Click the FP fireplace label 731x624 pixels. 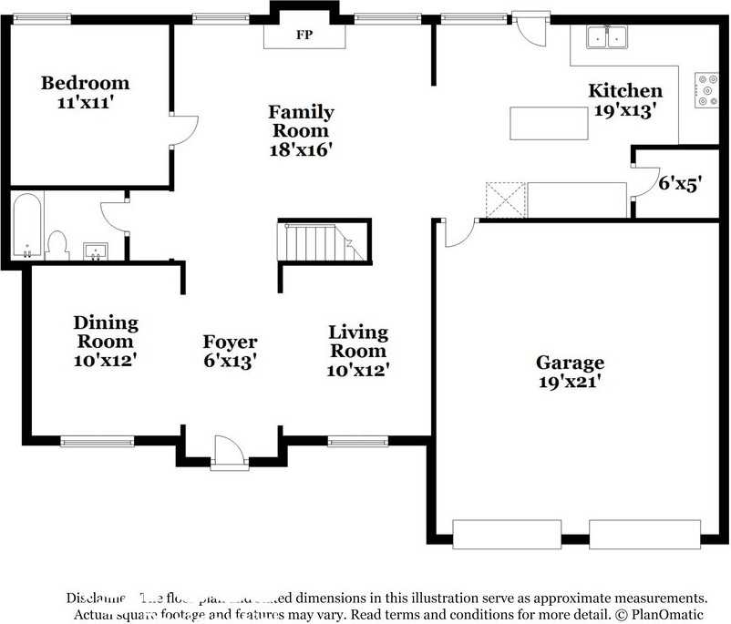304,36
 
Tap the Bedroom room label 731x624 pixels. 85,83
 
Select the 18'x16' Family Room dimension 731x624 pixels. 300,149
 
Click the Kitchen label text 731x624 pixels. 624,90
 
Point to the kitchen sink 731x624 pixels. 606,36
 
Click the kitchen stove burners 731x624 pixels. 706,89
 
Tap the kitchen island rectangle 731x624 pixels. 548,123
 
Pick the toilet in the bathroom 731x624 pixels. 58,245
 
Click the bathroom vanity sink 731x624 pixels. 95,250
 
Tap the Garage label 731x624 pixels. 569,362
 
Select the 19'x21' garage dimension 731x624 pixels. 569,381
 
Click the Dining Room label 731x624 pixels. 106,332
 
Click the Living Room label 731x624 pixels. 358,342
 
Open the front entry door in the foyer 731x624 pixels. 228,452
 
